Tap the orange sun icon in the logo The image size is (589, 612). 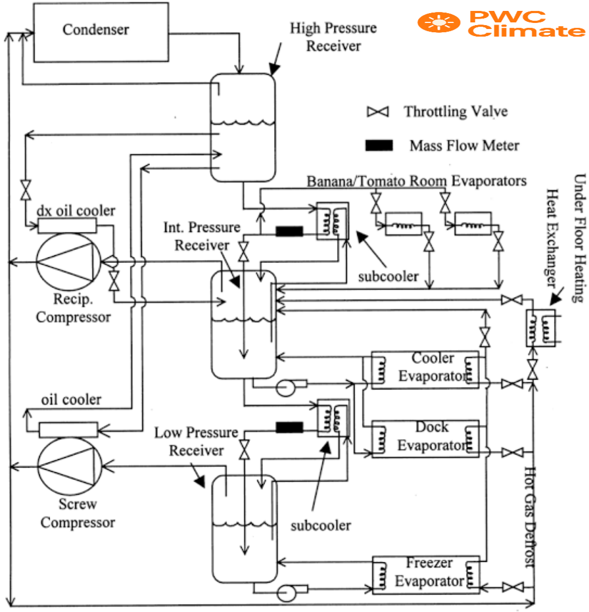coord(438,23)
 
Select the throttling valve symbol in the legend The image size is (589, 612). coord(377,112)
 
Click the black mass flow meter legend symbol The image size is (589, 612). coord(379,146)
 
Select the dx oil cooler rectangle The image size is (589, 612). coord(67,225)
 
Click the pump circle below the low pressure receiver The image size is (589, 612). coord(284,591)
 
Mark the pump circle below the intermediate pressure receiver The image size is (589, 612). coord(284,388)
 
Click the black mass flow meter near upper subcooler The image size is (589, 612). coord(289,231)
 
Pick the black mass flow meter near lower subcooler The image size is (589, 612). coord(289,427)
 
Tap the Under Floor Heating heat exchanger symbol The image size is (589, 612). coord(540,328)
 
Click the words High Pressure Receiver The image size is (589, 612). coord(333,37)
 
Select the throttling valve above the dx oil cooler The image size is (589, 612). coord(25,190)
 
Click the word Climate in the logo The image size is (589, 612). coord(526,31)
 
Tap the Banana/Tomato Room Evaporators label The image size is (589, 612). coord(416,181)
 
